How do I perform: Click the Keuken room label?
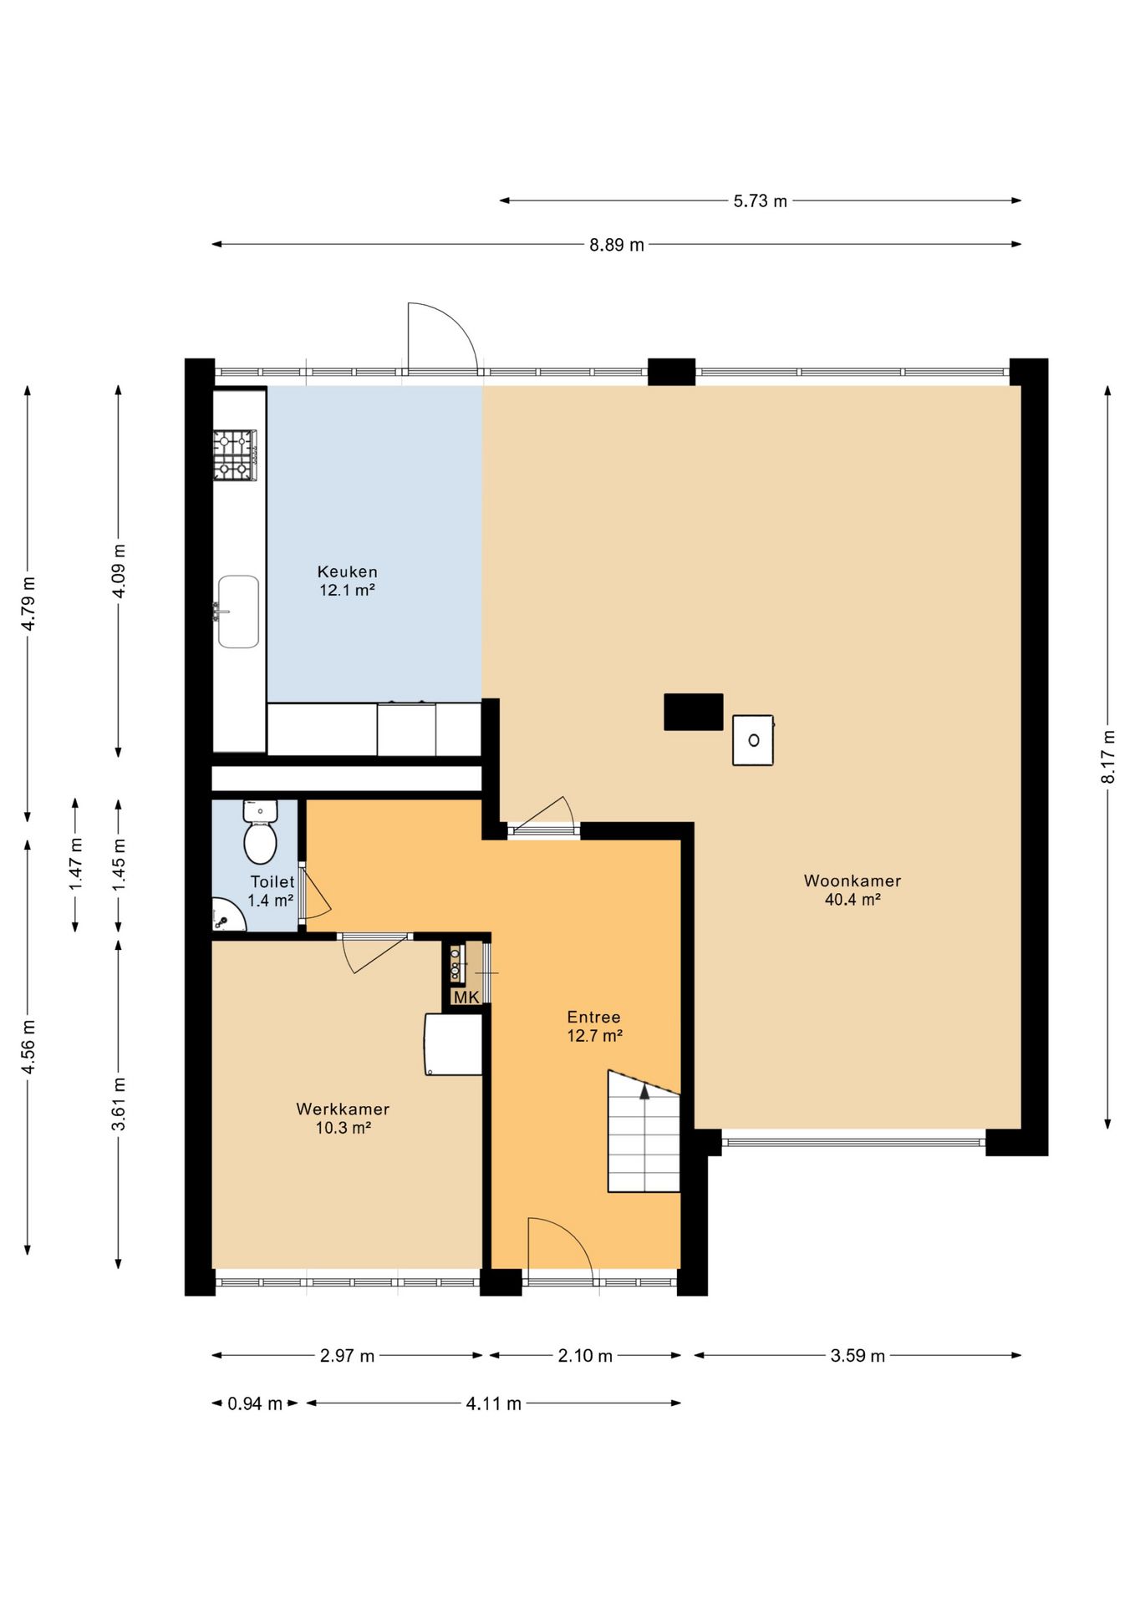tap(347, 572)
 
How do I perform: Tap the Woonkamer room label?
tap(853, 881)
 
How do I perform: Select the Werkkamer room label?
tap(343, 1109)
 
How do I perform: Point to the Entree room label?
tap(593, 1018)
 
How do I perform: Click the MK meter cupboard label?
tap(466, 997)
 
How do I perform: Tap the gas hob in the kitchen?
tap(235, 455)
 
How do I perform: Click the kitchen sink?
tap(237, 612)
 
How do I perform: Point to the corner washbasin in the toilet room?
tap(226, 916)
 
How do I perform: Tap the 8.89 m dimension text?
tap(617, 245)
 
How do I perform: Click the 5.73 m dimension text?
tap(761, 201)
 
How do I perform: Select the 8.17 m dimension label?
tap(1108, 757)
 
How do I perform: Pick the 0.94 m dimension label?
tap(255, 1403)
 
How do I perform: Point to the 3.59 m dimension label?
tap(858, 1356)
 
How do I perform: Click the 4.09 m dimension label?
tap(119, 571)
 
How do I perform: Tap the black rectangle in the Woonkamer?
tap(694, 712)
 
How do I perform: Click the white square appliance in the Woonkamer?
tap(753, 740)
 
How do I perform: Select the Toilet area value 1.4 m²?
tap(271, 901)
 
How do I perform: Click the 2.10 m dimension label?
tap(585, 1356)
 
